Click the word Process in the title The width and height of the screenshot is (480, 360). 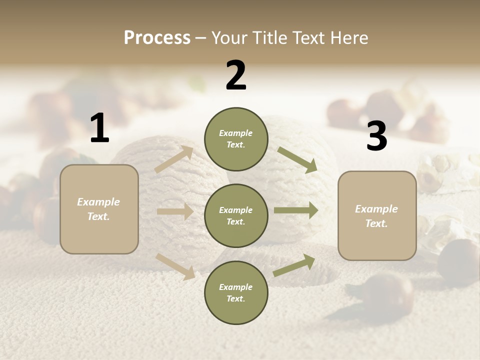[x=157, y=37]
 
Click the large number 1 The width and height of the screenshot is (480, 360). [x=99, y=128]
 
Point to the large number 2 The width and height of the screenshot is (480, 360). [x=236, y=75]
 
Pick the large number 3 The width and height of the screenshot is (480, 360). [x=376, y=136]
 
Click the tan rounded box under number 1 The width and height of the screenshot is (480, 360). [x=99, y=209]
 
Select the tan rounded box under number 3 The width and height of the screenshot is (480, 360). [x=377, y=215]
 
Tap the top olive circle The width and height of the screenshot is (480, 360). [x=236, y=139]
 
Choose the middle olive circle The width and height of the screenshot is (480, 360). [x=236, y=215]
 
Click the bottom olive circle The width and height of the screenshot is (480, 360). [x=236, y=292]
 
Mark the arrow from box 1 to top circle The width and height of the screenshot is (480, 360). [x=174, y=159]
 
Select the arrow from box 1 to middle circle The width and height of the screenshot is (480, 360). [x=175, y=211]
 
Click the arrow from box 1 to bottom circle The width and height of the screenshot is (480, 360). [x=175, y=266]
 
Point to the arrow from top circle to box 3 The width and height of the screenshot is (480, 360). [x=297, y=159]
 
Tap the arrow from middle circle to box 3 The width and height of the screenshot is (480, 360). [x=295, y=210]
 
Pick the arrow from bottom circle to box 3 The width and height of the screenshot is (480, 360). [x=294, y=265]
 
